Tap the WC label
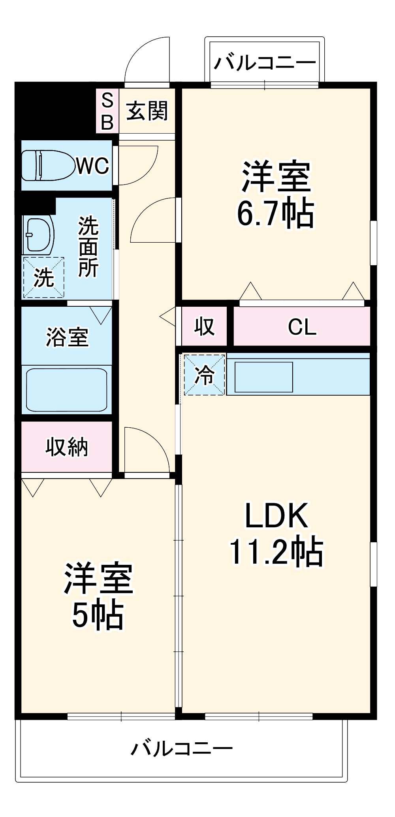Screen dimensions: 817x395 (x=92, y=166)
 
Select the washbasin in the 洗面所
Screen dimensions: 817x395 (x=39, y=236)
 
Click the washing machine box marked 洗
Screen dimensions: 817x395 (x=43, y=277)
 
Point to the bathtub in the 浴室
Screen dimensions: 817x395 (x=66, y=390)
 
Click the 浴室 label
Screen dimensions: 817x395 (x=67, y=337)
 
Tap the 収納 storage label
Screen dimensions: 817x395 (x=66, y=447)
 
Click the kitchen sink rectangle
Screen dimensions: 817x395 (x=264, y=377)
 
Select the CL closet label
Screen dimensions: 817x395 (x=302, y=327)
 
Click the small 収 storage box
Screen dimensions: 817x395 (x=204, y=326)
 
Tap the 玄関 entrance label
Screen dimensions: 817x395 (x=147, y=111)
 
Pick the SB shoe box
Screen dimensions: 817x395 (x=107, y=111)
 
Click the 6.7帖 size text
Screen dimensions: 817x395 (x=275, y=214)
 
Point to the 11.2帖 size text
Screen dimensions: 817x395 (x=276, y=552)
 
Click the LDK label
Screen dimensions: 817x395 (x=276, y=516)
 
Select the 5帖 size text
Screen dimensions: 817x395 (x=98, y=615)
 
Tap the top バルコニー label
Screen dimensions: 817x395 (x=265, y=62)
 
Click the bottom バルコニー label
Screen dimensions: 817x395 (x=182, y=748)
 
